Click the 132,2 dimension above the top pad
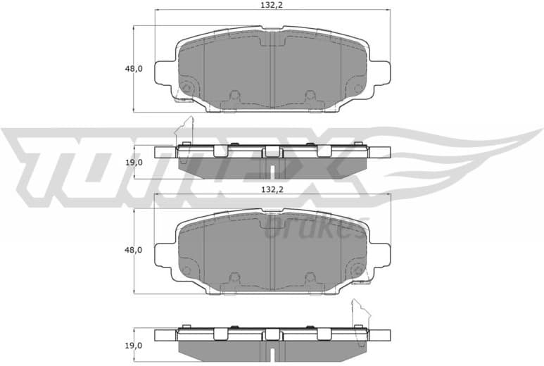[272, 4]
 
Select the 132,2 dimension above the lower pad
[272, 189]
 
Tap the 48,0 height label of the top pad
[134, 69]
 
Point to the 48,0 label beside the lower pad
[134, 250]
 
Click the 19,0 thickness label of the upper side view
[134, 162]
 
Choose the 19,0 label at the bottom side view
[134, 345]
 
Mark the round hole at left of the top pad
[186, 88]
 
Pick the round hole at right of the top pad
[358, 89]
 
